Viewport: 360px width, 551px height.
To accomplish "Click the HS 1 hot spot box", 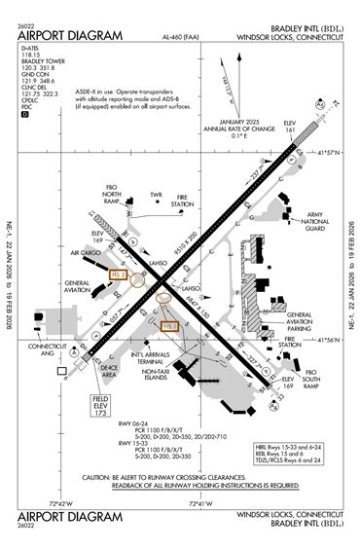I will point(169,327).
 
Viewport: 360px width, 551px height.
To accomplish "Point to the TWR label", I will point(155,195).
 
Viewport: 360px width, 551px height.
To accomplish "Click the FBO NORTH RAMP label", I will point(115,200).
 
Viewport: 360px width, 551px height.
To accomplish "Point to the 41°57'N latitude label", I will point(329,153).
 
